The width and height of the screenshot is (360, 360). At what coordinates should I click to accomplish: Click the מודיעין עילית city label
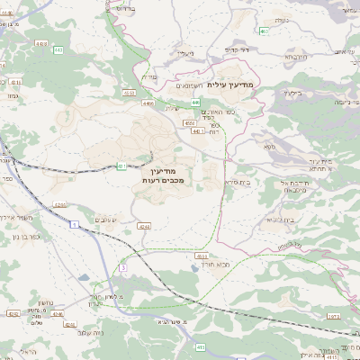[230, 85]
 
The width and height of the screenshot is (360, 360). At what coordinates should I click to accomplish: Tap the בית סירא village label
[238, 182]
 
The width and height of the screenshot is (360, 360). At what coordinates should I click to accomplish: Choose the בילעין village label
[292, 92]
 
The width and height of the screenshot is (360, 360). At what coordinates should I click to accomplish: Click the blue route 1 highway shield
[70, 224]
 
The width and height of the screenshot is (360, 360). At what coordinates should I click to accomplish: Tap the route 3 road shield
[123, 267]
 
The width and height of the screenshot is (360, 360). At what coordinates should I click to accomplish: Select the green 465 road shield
[264, 31]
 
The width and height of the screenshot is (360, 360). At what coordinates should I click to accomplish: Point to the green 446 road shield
[195, 103]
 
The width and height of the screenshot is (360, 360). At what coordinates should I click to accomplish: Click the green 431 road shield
[121, 166]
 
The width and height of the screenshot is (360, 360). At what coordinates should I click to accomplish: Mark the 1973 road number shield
[331, 316]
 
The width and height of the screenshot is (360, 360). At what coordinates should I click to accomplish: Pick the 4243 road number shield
[60, 204]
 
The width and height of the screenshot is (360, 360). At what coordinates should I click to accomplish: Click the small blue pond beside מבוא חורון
[200, 255]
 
